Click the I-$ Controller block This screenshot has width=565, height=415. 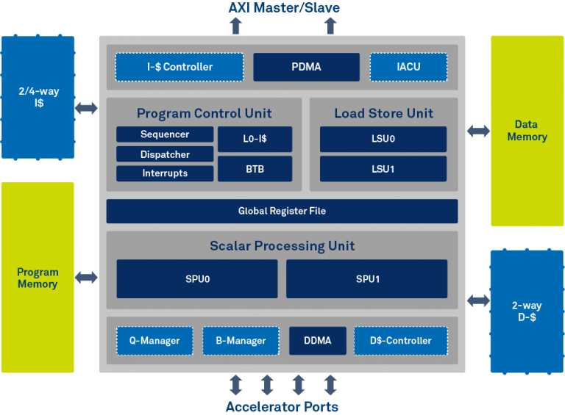pos(179,67)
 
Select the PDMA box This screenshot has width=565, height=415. pos(306,67)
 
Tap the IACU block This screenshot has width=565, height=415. pos(408,67)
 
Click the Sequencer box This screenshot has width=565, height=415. pos(165,134)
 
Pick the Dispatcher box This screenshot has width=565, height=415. pos(165,154)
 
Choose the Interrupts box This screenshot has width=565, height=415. pos(165,173)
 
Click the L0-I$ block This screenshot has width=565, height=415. pos(255,139)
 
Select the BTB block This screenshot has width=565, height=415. pos(255,169)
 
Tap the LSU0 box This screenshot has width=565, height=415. pos(383,139)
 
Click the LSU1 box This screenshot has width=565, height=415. pos(383,169)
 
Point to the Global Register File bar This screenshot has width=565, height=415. pos(282,211)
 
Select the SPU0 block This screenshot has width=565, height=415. pos(197,279)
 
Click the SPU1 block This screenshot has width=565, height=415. pos(366,279)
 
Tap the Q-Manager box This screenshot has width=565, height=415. pos(154,340)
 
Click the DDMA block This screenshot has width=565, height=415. pos(317,340)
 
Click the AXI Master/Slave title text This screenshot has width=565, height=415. pos(282,8)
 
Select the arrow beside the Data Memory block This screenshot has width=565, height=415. pos(478,131)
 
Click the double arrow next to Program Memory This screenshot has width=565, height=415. pos(87,278)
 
